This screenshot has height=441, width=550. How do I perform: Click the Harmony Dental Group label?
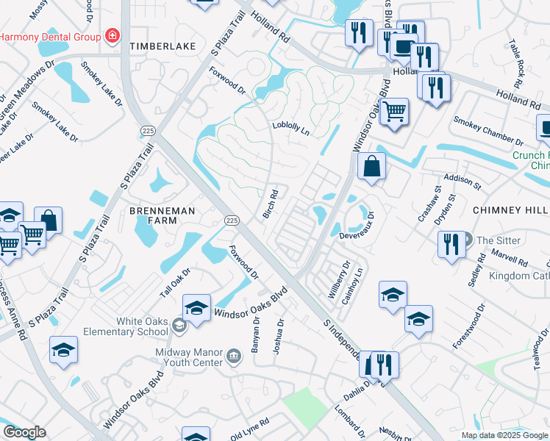click(x=49, y=36)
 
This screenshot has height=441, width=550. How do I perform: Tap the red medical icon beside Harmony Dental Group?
click(x=112, y=35)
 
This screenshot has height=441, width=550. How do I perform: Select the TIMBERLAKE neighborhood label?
click(x=162, y=46)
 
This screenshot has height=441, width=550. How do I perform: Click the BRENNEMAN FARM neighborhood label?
click(x=153, y=215)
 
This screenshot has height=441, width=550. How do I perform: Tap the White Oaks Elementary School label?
click(x=142, y=326)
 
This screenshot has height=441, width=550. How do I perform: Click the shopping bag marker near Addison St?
click(x=372, y=165)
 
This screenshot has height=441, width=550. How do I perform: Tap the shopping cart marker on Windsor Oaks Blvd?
click(x=395, y=112)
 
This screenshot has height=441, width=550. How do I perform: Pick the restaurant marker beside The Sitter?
click(x=451, y=243)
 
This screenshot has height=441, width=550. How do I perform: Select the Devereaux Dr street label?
click(x=358, y=229)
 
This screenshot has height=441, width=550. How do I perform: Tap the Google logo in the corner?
click(x=24, y=432)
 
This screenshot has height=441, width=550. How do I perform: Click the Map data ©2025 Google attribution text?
click(x=504, y=435)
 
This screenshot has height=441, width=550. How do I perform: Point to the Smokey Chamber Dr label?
click(x=488, y=131)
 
